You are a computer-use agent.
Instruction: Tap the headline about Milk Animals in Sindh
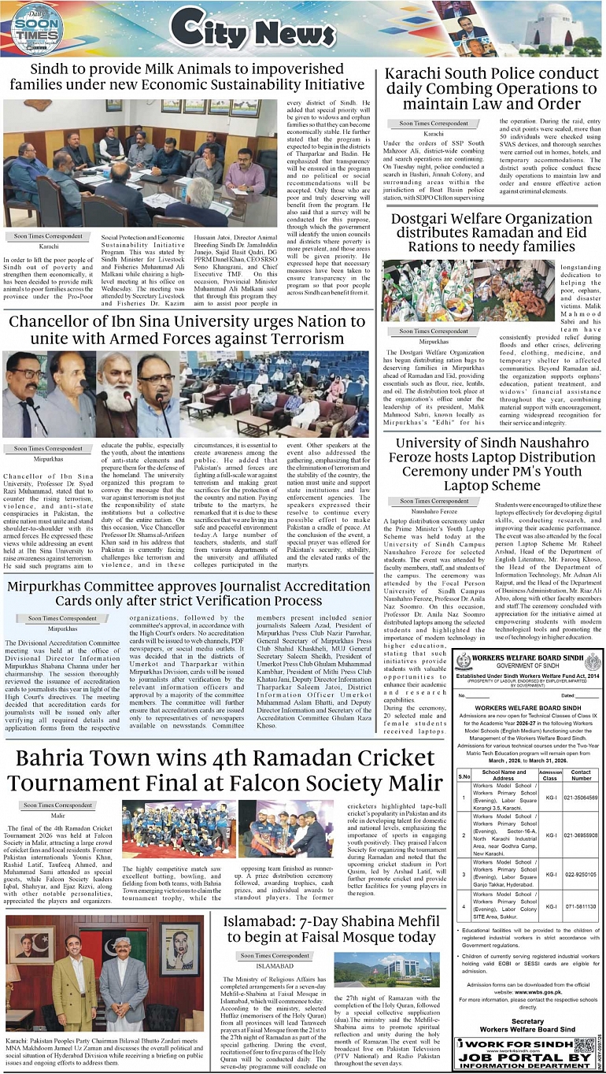(x=187, y=76)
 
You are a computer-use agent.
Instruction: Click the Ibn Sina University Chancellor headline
(x=187, y=332)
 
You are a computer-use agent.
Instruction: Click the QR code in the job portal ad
(x=583, y=1046)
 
